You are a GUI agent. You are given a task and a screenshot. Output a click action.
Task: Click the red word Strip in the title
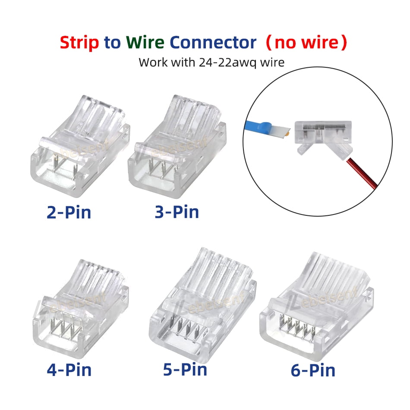[80, 43]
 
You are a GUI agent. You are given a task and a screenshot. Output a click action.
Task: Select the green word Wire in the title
[145, 43]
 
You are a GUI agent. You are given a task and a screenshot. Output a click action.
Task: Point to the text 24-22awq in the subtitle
[225, 62]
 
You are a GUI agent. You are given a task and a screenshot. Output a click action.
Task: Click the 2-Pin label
[69, 212]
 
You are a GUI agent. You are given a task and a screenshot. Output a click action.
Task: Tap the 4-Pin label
[69, 369]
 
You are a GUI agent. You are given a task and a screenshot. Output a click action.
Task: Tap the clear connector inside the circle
[322, 132]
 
